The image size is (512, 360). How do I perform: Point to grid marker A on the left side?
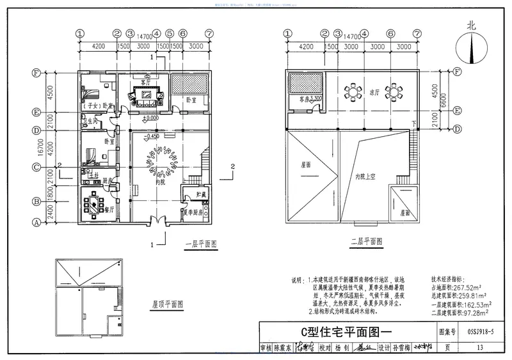pyautogui.click(x=36, y=223)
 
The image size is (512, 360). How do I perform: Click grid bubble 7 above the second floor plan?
pyautogui.click(x=417, y=34)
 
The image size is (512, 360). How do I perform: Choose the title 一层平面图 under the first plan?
pyautogui.click(x=200, y=244)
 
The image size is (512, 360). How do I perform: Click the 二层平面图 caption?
pyautogui.click(x=366, y=242)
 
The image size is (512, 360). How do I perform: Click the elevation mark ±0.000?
pyautogui.click(x=152, y=118)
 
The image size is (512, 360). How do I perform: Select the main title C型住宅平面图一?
pyautogui.click(x=344, y=332)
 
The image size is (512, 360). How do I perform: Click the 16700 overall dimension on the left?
pyautogui.click(x=42, y=148)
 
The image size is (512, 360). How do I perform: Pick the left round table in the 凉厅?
pyautogui.click(x=351, y=91)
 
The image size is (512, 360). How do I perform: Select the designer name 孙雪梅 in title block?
pyautogui.click(x=404, y=348)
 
